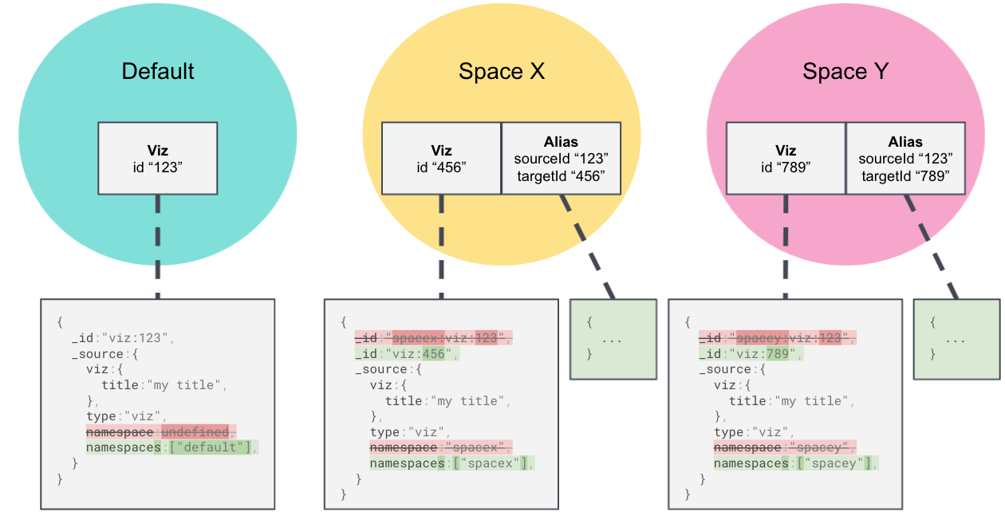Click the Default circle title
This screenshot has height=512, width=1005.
pyautogui.click(x=158, y=71)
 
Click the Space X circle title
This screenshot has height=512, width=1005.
pyautogui.click(x=502, y=71)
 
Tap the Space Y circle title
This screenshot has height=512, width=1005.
pyautogui.click(x=845, y=71)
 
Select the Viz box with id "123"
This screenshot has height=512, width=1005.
pyautogui.click(x=158, y=158)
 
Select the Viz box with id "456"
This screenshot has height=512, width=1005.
pyautogui.click(x=441, y=158)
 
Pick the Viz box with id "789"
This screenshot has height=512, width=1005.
pyautogui.click(x=785, y=158)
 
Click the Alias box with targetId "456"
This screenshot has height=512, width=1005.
pyautogui.click(x=561, y=158)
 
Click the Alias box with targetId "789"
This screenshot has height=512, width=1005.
pyautogui.click(x=905, y=158)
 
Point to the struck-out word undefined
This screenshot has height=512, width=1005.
pyautogui.click(x=196, y=431)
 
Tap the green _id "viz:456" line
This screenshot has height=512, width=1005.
pyautogui.click(x=407, y=353)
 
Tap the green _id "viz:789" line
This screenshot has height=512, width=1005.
pyautogui.click(x=751, y=353)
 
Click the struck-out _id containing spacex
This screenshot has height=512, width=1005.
pyautogui.click(x=433, y=338)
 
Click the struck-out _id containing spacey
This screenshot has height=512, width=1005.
pyautogui.click(x=777, y=338)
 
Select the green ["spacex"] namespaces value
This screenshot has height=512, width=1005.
pyautogui.click(x=488, y=463)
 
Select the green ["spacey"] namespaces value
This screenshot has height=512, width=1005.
pyautogui.click(x=833, y=463)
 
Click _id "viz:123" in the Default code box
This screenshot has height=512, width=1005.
pyautogui.click(x=122, y=338)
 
